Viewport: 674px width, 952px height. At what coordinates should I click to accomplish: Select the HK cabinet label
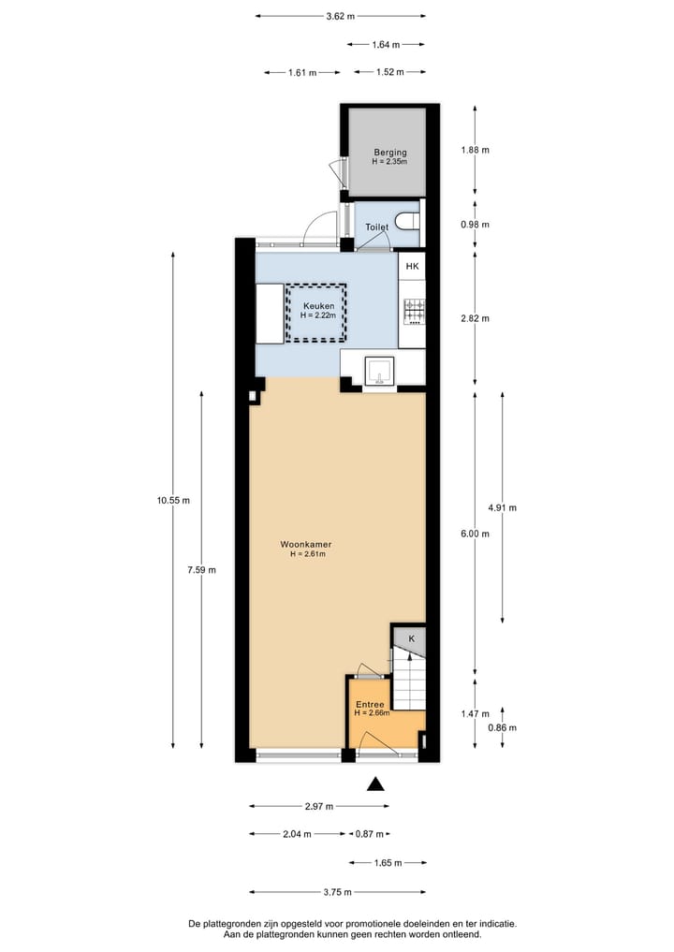[412, 267]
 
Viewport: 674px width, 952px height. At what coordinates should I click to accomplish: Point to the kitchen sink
[379, 371]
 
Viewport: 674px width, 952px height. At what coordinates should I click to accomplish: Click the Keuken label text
[317, 305]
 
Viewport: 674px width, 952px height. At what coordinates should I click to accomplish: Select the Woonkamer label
[306, 544]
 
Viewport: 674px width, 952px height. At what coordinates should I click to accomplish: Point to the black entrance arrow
[375, 784]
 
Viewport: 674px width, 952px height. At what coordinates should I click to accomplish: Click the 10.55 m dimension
[173, 500]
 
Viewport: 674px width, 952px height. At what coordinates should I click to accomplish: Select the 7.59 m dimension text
[200, 570]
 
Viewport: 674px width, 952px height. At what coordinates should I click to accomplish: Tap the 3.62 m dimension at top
[340, 16]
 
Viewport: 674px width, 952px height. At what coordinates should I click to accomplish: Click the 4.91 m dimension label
[502, 507]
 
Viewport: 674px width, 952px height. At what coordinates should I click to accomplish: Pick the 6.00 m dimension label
[475, 534]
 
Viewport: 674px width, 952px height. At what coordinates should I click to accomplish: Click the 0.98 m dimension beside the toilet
[475, 225]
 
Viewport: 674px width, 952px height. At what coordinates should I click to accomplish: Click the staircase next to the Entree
[408, 681]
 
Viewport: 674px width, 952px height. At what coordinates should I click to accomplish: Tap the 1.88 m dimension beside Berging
[475, 150]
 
